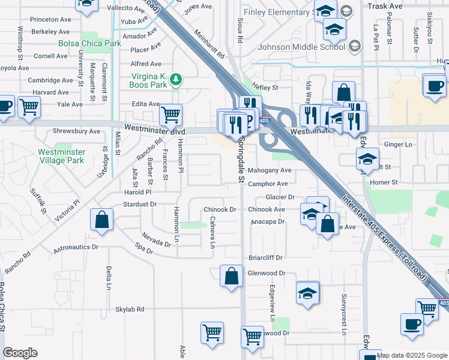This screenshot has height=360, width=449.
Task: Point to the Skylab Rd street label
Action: (130, 310)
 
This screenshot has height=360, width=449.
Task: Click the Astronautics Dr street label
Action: (76, 247)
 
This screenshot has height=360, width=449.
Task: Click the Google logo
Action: (20, 353)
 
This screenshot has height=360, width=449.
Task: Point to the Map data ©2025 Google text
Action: (412, 355)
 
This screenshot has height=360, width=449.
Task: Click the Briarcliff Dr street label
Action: (265, 257)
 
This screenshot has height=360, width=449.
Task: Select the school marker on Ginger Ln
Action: (367, 160)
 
